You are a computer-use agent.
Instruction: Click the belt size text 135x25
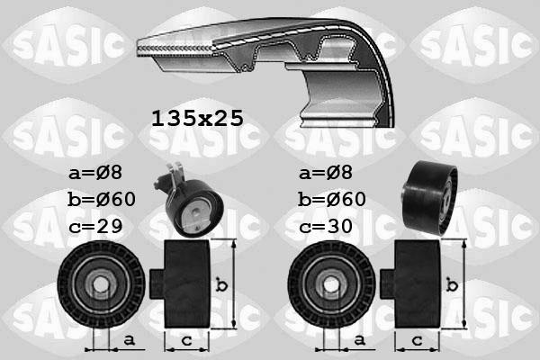(195, 118)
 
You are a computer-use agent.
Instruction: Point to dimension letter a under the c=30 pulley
(360, 339)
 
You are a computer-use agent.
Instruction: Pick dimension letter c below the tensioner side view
(187, 339)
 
